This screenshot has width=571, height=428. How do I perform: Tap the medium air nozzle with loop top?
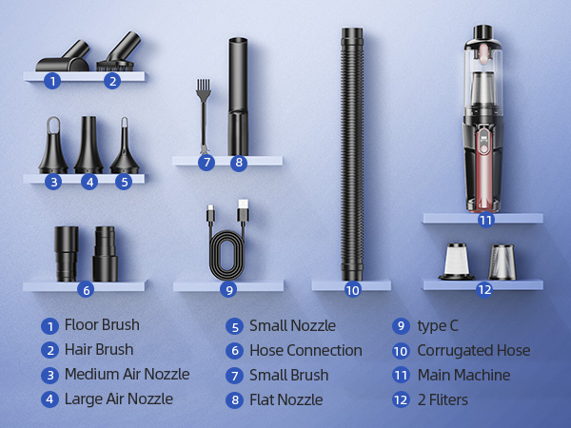tap(53, 146)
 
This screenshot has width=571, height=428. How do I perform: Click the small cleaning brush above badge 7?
tap(203, 114)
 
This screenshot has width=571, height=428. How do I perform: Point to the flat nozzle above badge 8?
tap(238, 95)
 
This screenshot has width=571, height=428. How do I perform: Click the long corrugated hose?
tap(352, 152)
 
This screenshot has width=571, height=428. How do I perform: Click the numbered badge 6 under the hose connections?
tap(86, 290)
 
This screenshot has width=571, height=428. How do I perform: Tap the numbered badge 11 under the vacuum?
tap(485, 220)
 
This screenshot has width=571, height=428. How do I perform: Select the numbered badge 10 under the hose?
tap(352, 290)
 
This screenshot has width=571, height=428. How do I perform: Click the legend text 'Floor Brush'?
tap(101, 325)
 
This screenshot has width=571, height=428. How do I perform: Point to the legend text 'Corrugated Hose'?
tap(473, 350)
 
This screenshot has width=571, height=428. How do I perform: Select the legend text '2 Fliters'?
tap(443, 399)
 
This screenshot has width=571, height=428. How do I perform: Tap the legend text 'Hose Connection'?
tap(305, 350)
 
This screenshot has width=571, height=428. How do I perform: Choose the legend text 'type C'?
tap(439, 325)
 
